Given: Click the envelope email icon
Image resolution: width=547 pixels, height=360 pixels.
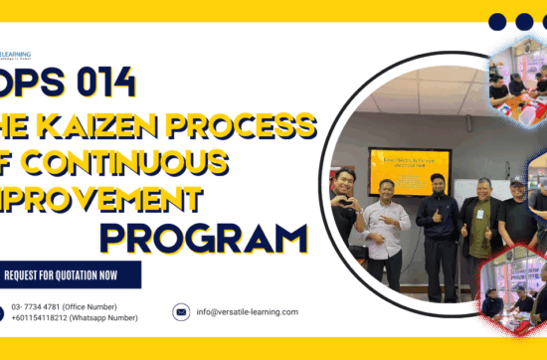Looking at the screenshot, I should pos(181,311).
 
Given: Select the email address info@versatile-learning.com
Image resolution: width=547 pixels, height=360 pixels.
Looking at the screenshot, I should pos(248,311).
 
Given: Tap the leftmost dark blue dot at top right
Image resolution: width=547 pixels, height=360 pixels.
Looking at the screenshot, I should pos(497,21).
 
